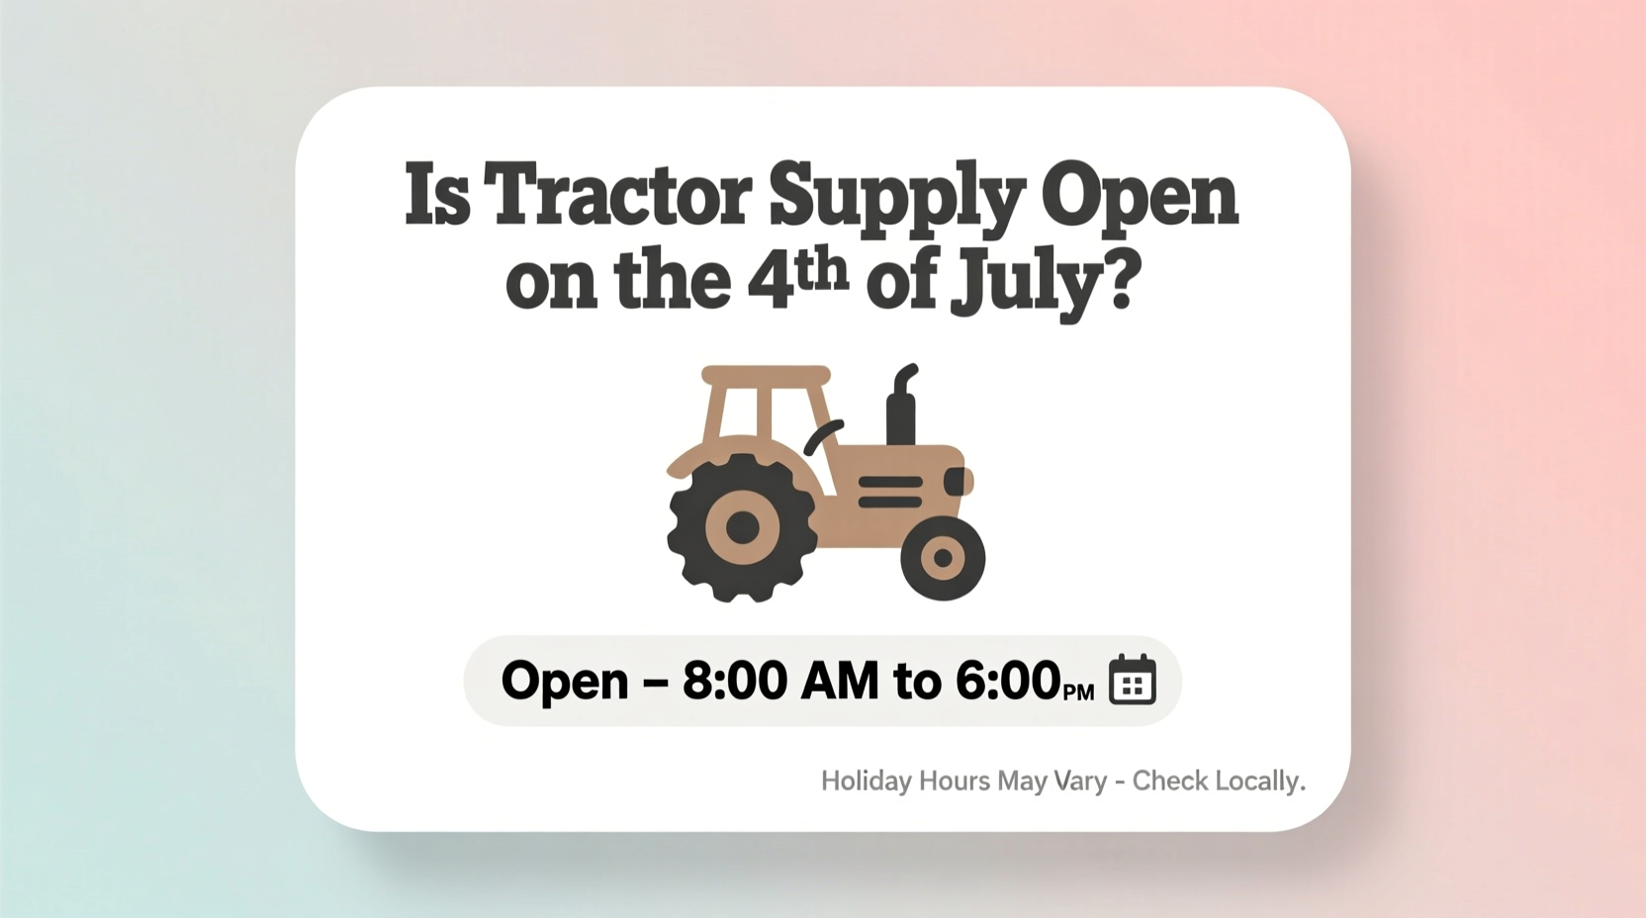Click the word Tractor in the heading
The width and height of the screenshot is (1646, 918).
tap(618, 195)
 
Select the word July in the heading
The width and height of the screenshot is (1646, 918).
tap(1024, 284)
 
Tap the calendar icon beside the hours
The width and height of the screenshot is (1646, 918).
tap(1132, 680)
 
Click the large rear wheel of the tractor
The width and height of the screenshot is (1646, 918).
tap(742, 528)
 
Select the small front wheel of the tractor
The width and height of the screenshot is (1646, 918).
tap(943, 558)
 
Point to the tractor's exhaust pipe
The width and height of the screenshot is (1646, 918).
tap(901, 406)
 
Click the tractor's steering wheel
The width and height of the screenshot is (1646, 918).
tap(822, 435)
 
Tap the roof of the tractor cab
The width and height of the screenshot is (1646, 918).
tap(766, 376)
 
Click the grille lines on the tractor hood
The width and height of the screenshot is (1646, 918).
tap(890, 492)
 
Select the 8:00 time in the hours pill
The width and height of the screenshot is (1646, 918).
tap(735, 681)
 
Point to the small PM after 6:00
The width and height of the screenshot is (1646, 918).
tap(1078, 691)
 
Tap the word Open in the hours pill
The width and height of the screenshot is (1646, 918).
tap(565, 682)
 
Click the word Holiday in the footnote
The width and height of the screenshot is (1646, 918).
tap(867, 781)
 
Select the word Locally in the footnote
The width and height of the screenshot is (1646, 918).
tap(1259, 781)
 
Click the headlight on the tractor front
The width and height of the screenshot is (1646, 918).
tap(957, 482)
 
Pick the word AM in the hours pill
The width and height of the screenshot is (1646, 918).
tap(839, 681)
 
